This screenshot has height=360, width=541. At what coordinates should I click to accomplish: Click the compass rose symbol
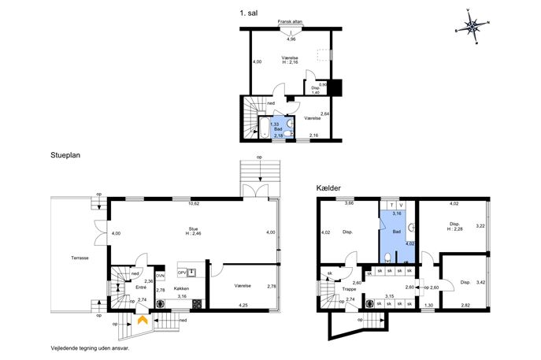472,26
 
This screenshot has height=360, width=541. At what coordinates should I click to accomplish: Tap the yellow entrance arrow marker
143,320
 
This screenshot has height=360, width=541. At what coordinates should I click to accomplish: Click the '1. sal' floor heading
248,13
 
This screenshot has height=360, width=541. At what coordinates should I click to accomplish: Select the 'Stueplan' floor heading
65,155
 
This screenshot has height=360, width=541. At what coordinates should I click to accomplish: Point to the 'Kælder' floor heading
328,188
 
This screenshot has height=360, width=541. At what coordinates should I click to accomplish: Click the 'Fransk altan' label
290,22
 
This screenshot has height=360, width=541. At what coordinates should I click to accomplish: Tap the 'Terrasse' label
80,258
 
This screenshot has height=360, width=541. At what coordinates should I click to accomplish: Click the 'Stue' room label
193,228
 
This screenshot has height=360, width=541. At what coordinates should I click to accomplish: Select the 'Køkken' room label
181,288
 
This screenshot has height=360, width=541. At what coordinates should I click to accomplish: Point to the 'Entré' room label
141,288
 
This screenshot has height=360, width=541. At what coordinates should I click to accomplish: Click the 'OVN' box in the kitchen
160,276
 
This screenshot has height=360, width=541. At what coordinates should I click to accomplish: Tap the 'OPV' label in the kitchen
181,273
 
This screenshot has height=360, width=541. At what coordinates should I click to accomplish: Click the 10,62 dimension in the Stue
193,203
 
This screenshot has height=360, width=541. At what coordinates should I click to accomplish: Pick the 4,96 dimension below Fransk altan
291,39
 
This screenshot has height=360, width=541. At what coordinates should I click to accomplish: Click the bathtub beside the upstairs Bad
265,128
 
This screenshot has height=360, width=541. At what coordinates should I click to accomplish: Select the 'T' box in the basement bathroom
391,206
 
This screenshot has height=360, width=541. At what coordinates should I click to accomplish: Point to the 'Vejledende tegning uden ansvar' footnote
90,348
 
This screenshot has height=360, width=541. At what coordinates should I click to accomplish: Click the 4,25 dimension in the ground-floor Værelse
243,305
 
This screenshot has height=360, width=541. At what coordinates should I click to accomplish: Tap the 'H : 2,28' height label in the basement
454,228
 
